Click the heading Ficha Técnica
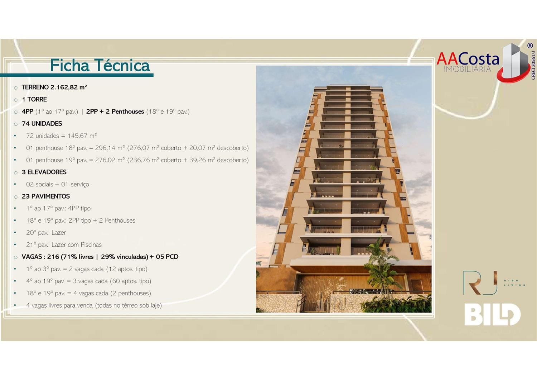pos(100,65)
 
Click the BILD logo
pos(492,314)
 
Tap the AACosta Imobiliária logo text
pos(468,62)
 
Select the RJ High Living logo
pos(494,282)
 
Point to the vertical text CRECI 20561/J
pos(533,65)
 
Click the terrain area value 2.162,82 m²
pos(69,87)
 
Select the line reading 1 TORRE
pos(34,99)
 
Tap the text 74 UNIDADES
pos(42,123)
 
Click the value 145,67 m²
pos(82,136)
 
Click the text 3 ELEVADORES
pos(44,172)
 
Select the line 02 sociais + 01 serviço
pos(58,184)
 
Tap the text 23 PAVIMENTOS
pos(46,196)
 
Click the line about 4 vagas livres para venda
pos(94,305)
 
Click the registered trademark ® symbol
pos(530,46)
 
